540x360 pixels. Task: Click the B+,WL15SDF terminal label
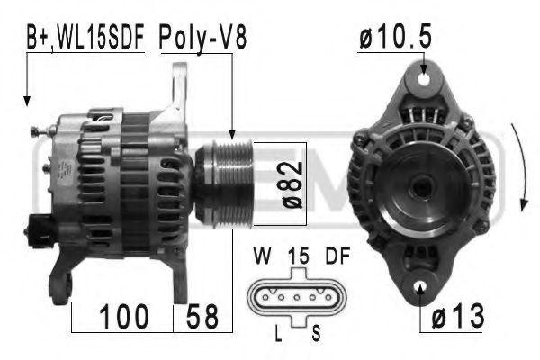click(x=85, y=39)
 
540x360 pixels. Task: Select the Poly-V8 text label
click(x=202, y=39)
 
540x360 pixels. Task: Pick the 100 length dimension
click(x=123, y=316)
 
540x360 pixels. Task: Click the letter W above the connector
click(x=264, y=256)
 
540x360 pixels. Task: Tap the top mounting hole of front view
click(x=423, y=78)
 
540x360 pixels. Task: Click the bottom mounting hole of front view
click(x=422, y=289)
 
